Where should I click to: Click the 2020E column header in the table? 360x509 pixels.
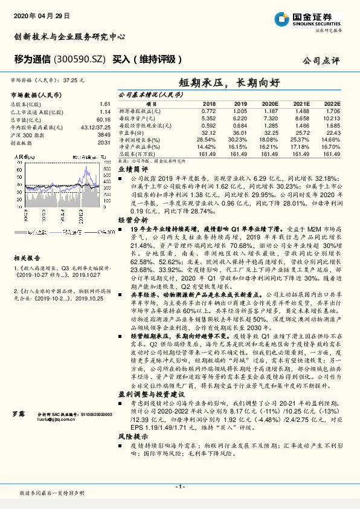(272, 104)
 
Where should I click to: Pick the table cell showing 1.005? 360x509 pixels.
(240, 112)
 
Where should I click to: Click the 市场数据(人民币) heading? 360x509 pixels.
(36, 95)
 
